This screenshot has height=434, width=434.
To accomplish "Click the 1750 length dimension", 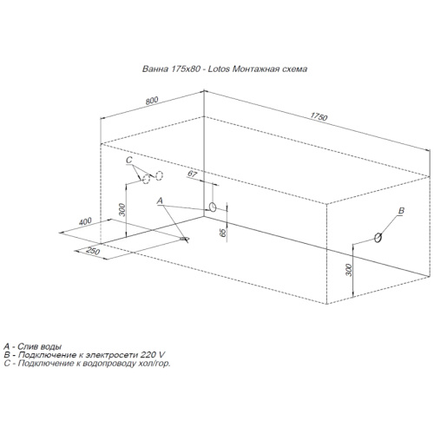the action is tap(319, 116).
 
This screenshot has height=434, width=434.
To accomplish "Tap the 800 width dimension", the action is tap(152, 101).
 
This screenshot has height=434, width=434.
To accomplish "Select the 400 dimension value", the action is tap(85, 221).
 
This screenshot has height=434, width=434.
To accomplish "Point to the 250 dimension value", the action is tap(93, 251).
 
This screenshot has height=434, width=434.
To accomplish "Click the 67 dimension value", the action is tap(193, 174).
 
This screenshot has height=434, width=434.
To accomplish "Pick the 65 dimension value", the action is tap(223, 233).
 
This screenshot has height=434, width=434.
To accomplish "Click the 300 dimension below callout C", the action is tap(122, 210).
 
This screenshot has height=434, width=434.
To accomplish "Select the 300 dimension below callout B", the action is tap(349, 270).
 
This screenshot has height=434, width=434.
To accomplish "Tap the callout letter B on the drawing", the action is tap(401, 211).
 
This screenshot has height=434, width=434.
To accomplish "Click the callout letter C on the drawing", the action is tap(129, 160).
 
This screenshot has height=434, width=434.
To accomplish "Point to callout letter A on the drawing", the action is tap(160, 201).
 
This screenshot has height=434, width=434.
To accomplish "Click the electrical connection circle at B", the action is tap(378, 238).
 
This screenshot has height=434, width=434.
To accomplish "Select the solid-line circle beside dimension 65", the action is tap(213, 207).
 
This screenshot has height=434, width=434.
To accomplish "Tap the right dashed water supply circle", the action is tap(160, 175).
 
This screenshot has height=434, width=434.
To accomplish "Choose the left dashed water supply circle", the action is tap(147, 179).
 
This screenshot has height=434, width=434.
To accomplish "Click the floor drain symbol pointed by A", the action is tap(185, 239).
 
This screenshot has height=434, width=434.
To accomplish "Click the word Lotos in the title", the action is tap(219, 69).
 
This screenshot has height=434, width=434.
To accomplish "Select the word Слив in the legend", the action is tap(27, 346).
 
